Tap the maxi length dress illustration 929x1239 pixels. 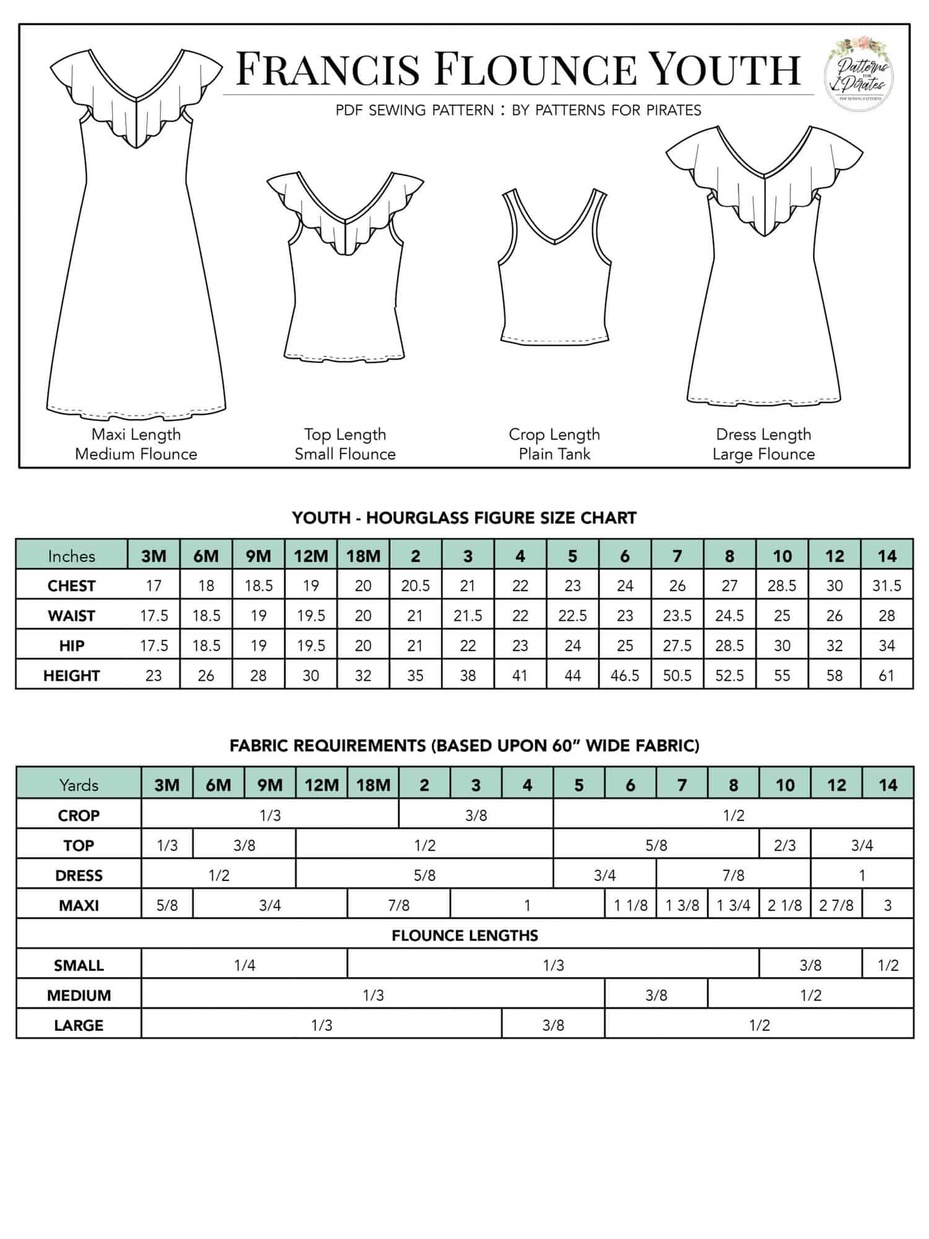(136, 235)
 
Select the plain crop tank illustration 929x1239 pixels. (555, 266)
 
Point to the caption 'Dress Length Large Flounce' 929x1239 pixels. (763, 444)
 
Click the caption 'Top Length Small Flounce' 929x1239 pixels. (345, 444)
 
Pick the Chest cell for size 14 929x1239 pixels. (887, 585)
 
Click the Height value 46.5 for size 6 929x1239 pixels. (625, 675)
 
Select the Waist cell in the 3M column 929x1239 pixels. (154, 616)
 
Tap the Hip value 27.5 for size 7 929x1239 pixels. (677, 646)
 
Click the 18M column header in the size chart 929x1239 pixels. (363, 556)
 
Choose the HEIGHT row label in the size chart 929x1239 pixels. (71, 675)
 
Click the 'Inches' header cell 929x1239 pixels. (71, 556)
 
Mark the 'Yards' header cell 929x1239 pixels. (79, 785)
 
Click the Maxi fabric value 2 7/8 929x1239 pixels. (836, 905)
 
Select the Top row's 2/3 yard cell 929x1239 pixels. (785, 845)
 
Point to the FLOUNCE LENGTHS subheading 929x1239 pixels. (464, 935)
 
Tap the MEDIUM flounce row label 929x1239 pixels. (79, 995)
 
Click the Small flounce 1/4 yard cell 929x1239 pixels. (245, 965)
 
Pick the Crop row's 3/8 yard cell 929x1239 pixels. (476, 815)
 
